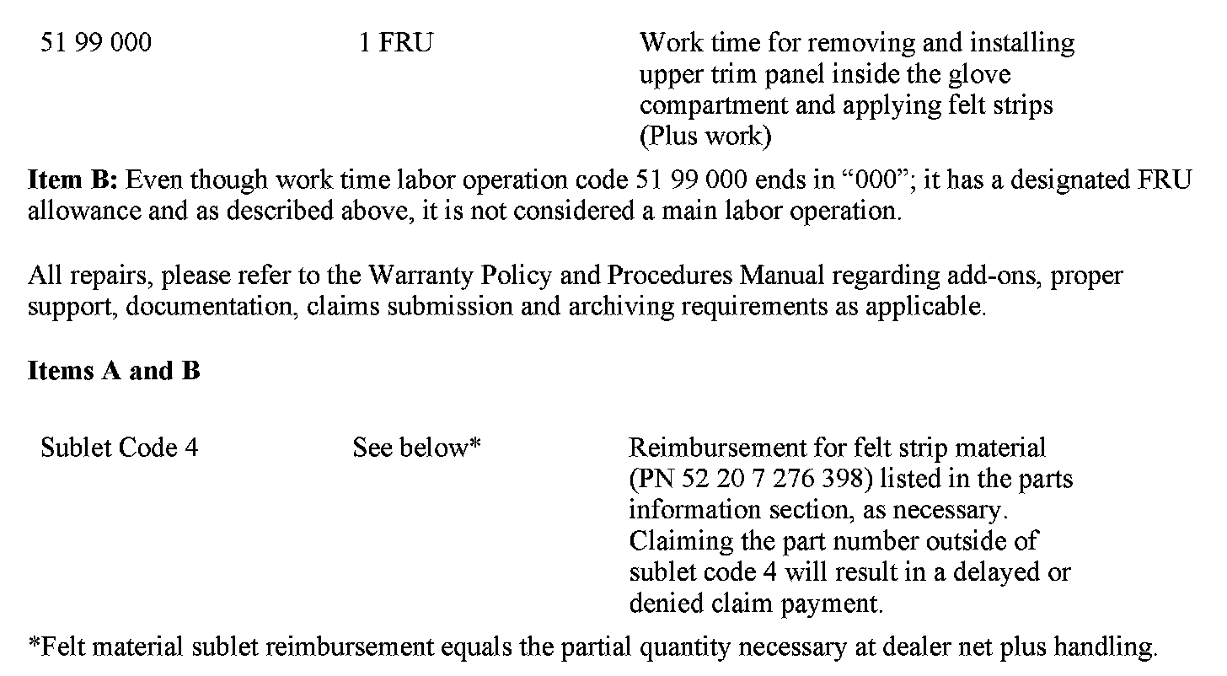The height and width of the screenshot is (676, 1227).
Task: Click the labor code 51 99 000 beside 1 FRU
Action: click(96, 43)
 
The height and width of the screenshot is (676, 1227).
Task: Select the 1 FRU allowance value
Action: click(395, 43)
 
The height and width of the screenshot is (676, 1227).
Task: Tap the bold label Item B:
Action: click(76, 180)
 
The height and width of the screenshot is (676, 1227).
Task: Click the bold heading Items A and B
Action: click(114, 371)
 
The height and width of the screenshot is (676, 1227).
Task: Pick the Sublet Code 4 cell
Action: click(119, 448)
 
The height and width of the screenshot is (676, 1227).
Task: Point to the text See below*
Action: click(416, 448)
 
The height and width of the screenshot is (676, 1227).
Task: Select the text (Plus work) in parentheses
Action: click(705, 137)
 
